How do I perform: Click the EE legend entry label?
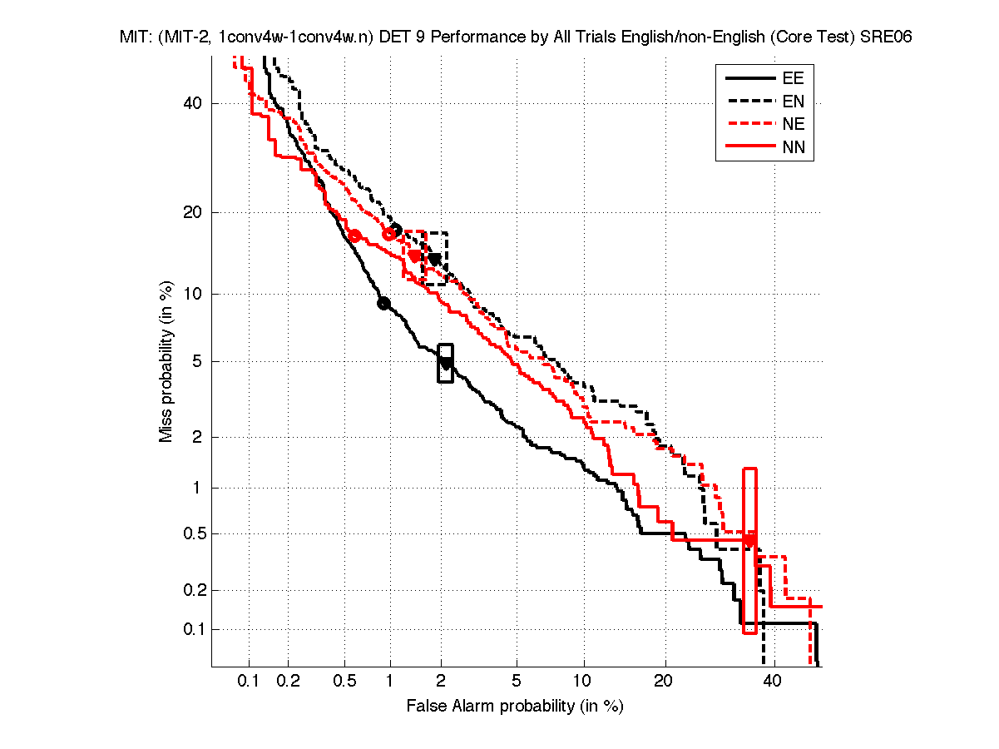(794, 79)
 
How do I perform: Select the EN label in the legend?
(794, 102)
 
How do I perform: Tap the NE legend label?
(794, 126)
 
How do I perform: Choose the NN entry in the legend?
(794, 149)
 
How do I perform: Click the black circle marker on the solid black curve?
(383, 304)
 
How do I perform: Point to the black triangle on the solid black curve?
(446, 364)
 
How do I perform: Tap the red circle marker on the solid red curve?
(355, 236)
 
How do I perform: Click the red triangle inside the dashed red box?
(415, 256)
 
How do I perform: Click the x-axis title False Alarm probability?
(515, 707)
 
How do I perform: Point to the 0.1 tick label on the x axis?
(249, 682)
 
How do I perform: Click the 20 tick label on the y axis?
(194, 212)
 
